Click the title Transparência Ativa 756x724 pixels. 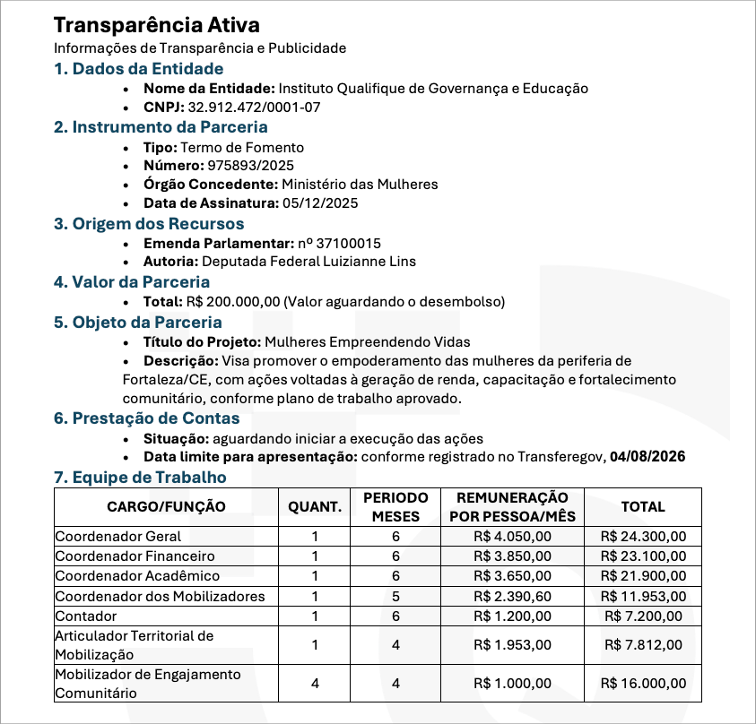(x=157, y=25)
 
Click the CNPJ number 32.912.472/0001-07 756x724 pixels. (x=254, y=108)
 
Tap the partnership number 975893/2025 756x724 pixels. (x=250, y=166)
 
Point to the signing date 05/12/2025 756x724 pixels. (x=320, y=203)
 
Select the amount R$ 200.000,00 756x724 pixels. (x=232, y=301)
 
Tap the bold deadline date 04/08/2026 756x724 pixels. (x=647, y=457)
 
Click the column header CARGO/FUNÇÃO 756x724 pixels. (x=166, y=507)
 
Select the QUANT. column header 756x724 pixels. (x=315, y=507)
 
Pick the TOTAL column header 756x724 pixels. (x=643, y=507)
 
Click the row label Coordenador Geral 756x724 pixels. (x=118, y=537)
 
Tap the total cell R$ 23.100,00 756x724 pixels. (x=643, y=556)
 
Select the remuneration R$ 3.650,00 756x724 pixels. (x=512, y=576)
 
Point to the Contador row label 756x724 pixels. (x=86, y=616)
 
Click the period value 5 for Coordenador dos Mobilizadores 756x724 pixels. (x=395, y=597)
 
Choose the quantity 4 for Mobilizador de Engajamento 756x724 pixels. (x=315, y=684)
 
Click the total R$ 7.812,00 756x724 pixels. (x=643, y=644)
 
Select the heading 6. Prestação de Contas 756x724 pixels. (x=147, y=418)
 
